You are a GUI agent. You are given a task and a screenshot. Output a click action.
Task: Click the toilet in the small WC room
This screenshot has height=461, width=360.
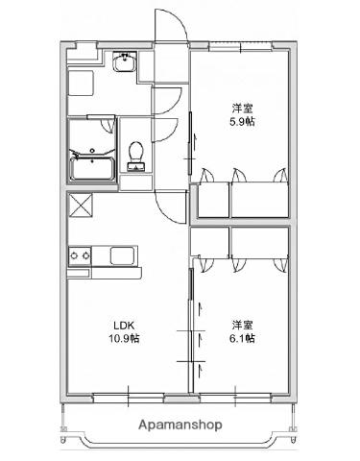pos(136,155)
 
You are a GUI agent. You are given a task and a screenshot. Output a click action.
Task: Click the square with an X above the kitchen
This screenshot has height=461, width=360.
pos(79,206)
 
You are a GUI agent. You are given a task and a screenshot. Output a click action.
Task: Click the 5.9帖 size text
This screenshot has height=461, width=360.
pos(242,123)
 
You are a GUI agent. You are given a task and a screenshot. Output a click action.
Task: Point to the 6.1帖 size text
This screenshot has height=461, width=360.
pos(241,339)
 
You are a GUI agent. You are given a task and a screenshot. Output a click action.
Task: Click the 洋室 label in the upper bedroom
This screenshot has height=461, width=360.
pos(242,108)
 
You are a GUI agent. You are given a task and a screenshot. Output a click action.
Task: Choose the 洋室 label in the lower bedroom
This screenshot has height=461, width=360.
pos(241,324)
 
